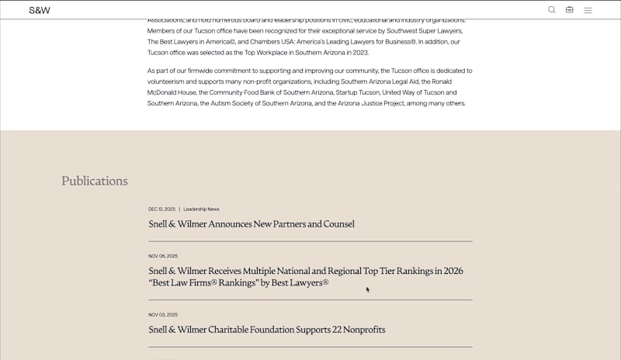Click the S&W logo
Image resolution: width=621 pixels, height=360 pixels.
click(x=39, y=10)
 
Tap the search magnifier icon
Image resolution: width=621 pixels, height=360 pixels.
click(x=552, y=10)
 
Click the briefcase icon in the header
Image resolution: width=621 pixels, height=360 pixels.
click(x=570, y=10)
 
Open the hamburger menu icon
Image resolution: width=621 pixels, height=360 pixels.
click(x=588, y=10)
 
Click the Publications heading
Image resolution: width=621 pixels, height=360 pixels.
click(x=95, y=181)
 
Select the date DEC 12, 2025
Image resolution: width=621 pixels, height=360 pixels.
click(x=161, y=209)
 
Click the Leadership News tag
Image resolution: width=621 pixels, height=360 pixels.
click(x=201, y=209)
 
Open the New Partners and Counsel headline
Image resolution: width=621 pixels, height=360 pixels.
click(x=252, y=224)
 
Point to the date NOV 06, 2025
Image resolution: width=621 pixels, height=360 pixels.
click(x=163, y=256)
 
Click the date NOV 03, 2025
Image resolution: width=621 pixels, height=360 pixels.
click(x=163, y=315)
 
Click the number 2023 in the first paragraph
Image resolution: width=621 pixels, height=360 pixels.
click(x=359, y=52)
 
